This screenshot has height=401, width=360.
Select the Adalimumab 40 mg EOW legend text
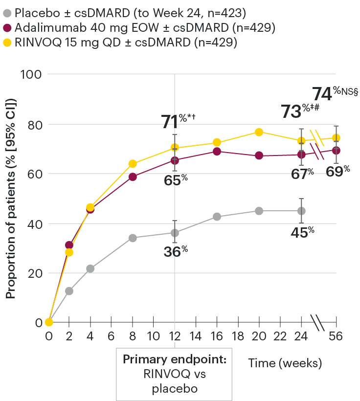(x=145, y=27)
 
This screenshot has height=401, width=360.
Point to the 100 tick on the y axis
(x=30, y=75)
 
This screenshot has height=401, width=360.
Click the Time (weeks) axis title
(x=284, y=363)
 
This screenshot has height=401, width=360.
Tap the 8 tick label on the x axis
(x=133, y=337)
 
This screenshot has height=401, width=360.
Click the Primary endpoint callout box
(x=174, y=374)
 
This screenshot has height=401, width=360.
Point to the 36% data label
(x=175, y=252)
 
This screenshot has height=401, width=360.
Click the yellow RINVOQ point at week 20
(x=259, y=132)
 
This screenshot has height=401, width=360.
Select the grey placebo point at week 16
(x=217, y=217)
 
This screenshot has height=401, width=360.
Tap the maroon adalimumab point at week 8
(x=133, y=177)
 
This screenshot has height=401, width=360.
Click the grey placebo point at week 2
(x=69, y=291)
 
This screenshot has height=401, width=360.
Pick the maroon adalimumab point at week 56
(x=336, y=150)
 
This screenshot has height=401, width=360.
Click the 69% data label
(x=339, y=172)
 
